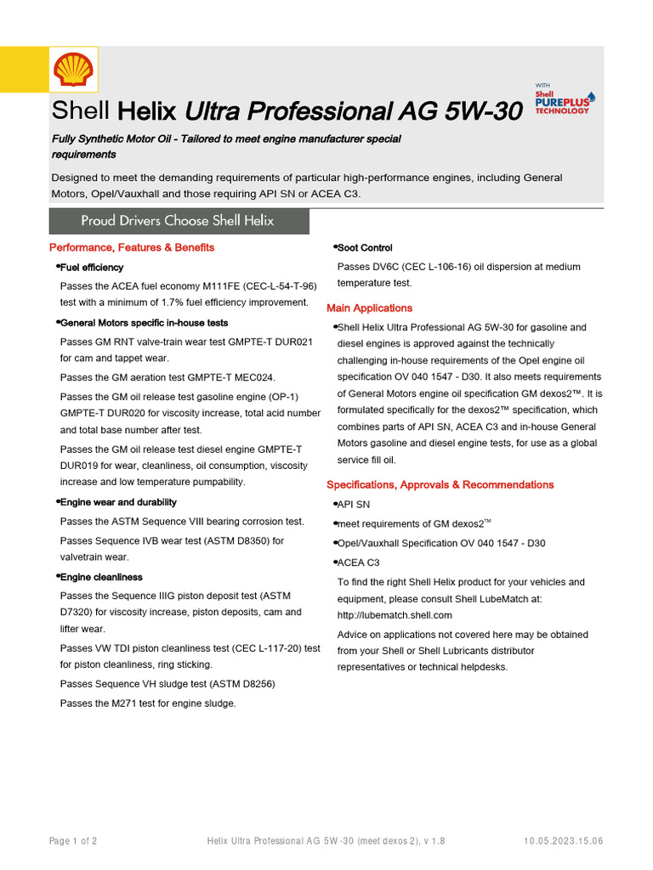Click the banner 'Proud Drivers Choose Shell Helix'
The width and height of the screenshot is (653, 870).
click(x=178, y=221)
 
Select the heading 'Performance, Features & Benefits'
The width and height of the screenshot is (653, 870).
click(x=132, y=247)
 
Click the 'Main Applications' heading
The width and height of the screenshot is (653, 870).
click(x=369, y=308)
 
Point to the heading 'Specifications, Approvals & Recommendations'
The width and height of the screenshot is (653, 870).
click(x=440, y=484)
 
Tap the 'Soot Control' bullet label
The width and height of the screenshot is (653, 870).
click(x=365, y=248)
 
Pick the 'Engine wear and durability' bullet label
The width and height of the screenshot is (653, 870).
click(x=118, y=502)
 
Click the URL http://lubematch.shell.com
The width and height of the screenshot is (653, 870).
click(x=395, y=615)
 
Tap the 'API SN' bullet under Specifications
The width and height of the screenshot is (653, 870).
click(x=354, y=505)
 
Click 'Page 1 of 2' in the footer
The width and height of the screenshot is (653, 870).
click(x=73, y=841)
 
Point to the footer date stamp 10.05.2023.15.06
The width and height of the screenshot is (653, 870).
click(x=564, y=841)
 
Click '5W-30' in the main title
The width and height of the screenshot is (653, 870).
click(x=483, y=111)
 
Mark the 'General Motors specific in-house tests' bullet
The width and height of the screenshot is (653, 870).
click(x=144, y=323)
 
